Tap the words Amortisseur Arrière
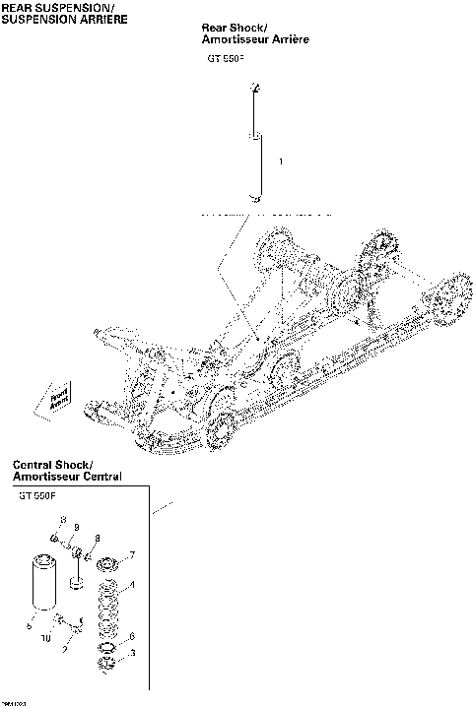click(255, 42)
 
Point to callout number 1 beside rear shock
click(282, 161)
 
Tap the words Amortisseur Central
click(67, 478)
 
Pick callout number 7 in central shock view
click(132, 555)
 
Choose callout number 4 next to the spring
click(133, 585)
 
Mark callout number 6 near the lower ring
click(133, 636)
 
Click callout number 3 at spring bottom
click(133, 652)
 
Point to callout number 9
click(76, 528)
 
